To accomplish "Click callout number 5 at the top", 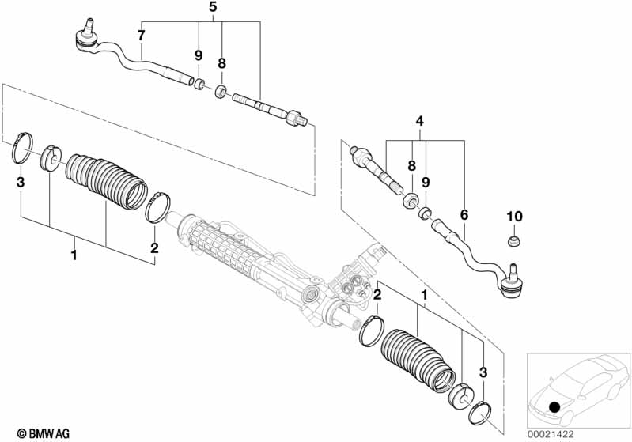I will pos(212,7).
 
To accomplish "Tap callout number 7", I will pos(141,35).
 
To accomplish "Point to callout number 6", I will pos(464,214).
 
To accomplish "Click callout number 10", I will pos(515,217).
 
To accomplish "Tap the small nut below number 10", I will pos(515,239).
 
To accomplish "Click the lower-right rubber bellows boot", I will pos(419,356).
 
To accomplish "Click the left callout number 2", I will pos(155,247).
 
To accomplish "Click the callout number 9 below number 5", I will pos(199,55).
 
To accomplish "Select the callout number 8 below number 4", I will pos(411,166).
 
